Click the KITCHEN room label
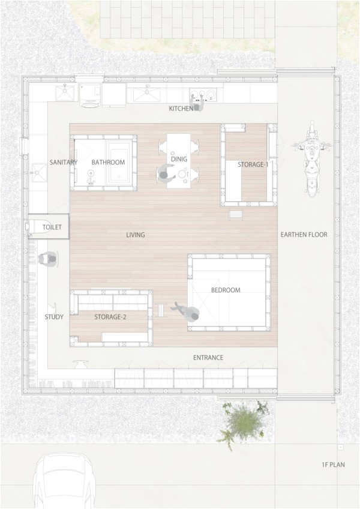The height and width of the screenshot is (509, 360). [x=181, y=109]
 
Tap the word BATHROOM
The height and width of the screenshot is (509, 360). [x=108, y=162]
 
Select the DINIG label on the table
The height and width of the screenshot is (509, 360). [x=179, y=159]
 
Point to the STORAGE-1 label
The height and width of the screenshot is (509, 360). [x=253, y=164]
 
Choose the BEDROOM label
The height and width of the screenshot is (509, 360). [x=226, y=290]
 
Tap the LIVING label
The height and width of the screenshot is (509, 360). [x=136, y=235]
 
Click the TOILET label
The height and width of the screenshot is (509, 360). [x=52, y=228]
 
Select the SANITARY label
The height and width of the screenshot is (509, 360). [x=63, y=162]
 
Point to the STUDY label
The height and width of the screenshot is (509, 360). [x=54, y=317]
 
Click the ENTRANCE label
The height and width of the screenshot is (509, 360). [x=208, y=358]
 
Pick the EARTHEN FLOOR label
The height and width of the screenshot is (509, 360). [x=304, y=235]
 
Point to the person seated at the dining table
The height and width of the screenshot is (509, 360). [x=166, y=174]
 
